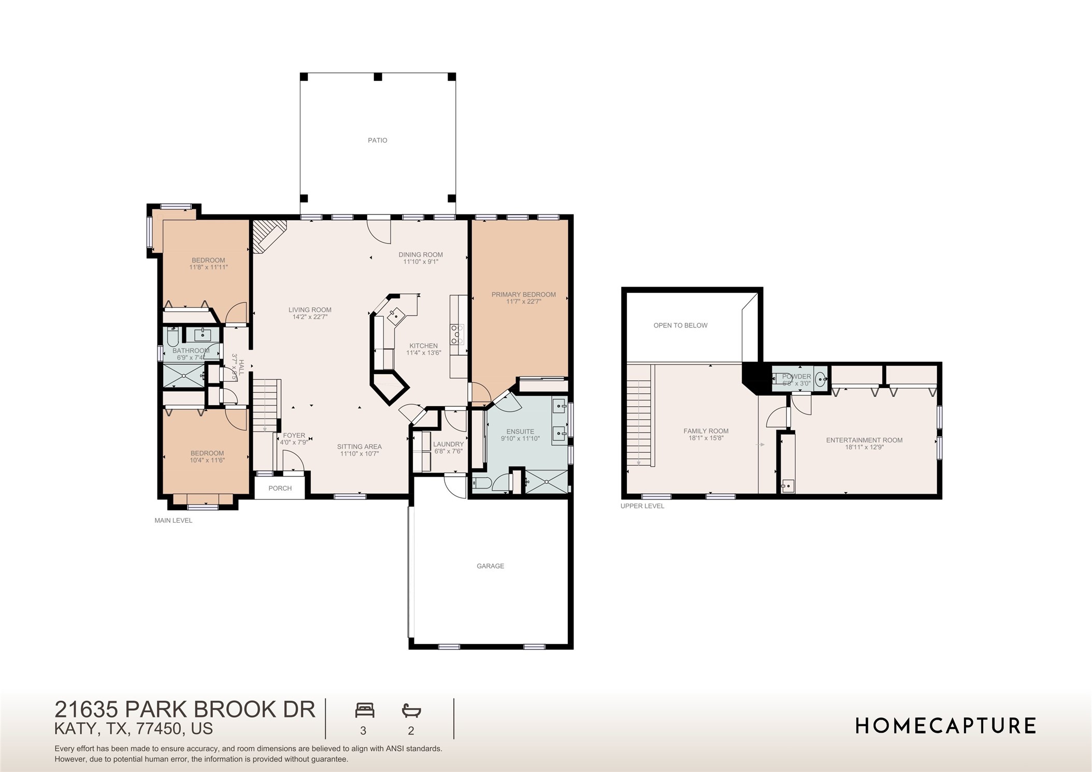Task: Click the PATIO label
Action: tap(377, 140)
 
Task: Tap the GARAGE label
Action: tap(490, 566)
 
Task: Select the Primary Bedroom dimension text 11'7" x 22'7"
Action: tap(524, 302)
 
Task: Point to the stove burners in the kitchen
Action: tap(457, 334)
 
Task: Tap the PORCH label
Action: tap(280, 488)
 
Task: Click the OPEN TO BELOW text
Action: tap(680, 325)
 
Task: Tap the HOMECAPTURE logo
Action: tap(945, 726)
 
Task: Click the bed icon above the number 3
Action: tap(364, 710)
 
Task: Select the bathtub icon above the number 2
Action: tap(411, 710)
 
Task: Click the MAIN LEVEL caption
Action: tap(173, 520)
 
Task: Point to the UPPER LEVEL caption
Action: tap(642, 506)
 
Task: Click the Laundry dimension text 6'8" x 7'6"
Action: tap(448, 452)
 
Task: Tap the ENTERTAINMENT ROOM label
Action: tap(864, 440)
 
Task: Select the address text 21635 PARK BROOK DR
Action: tap(185, 709)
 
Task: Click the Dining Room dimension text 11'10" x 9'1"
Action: tap(421, 262)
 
